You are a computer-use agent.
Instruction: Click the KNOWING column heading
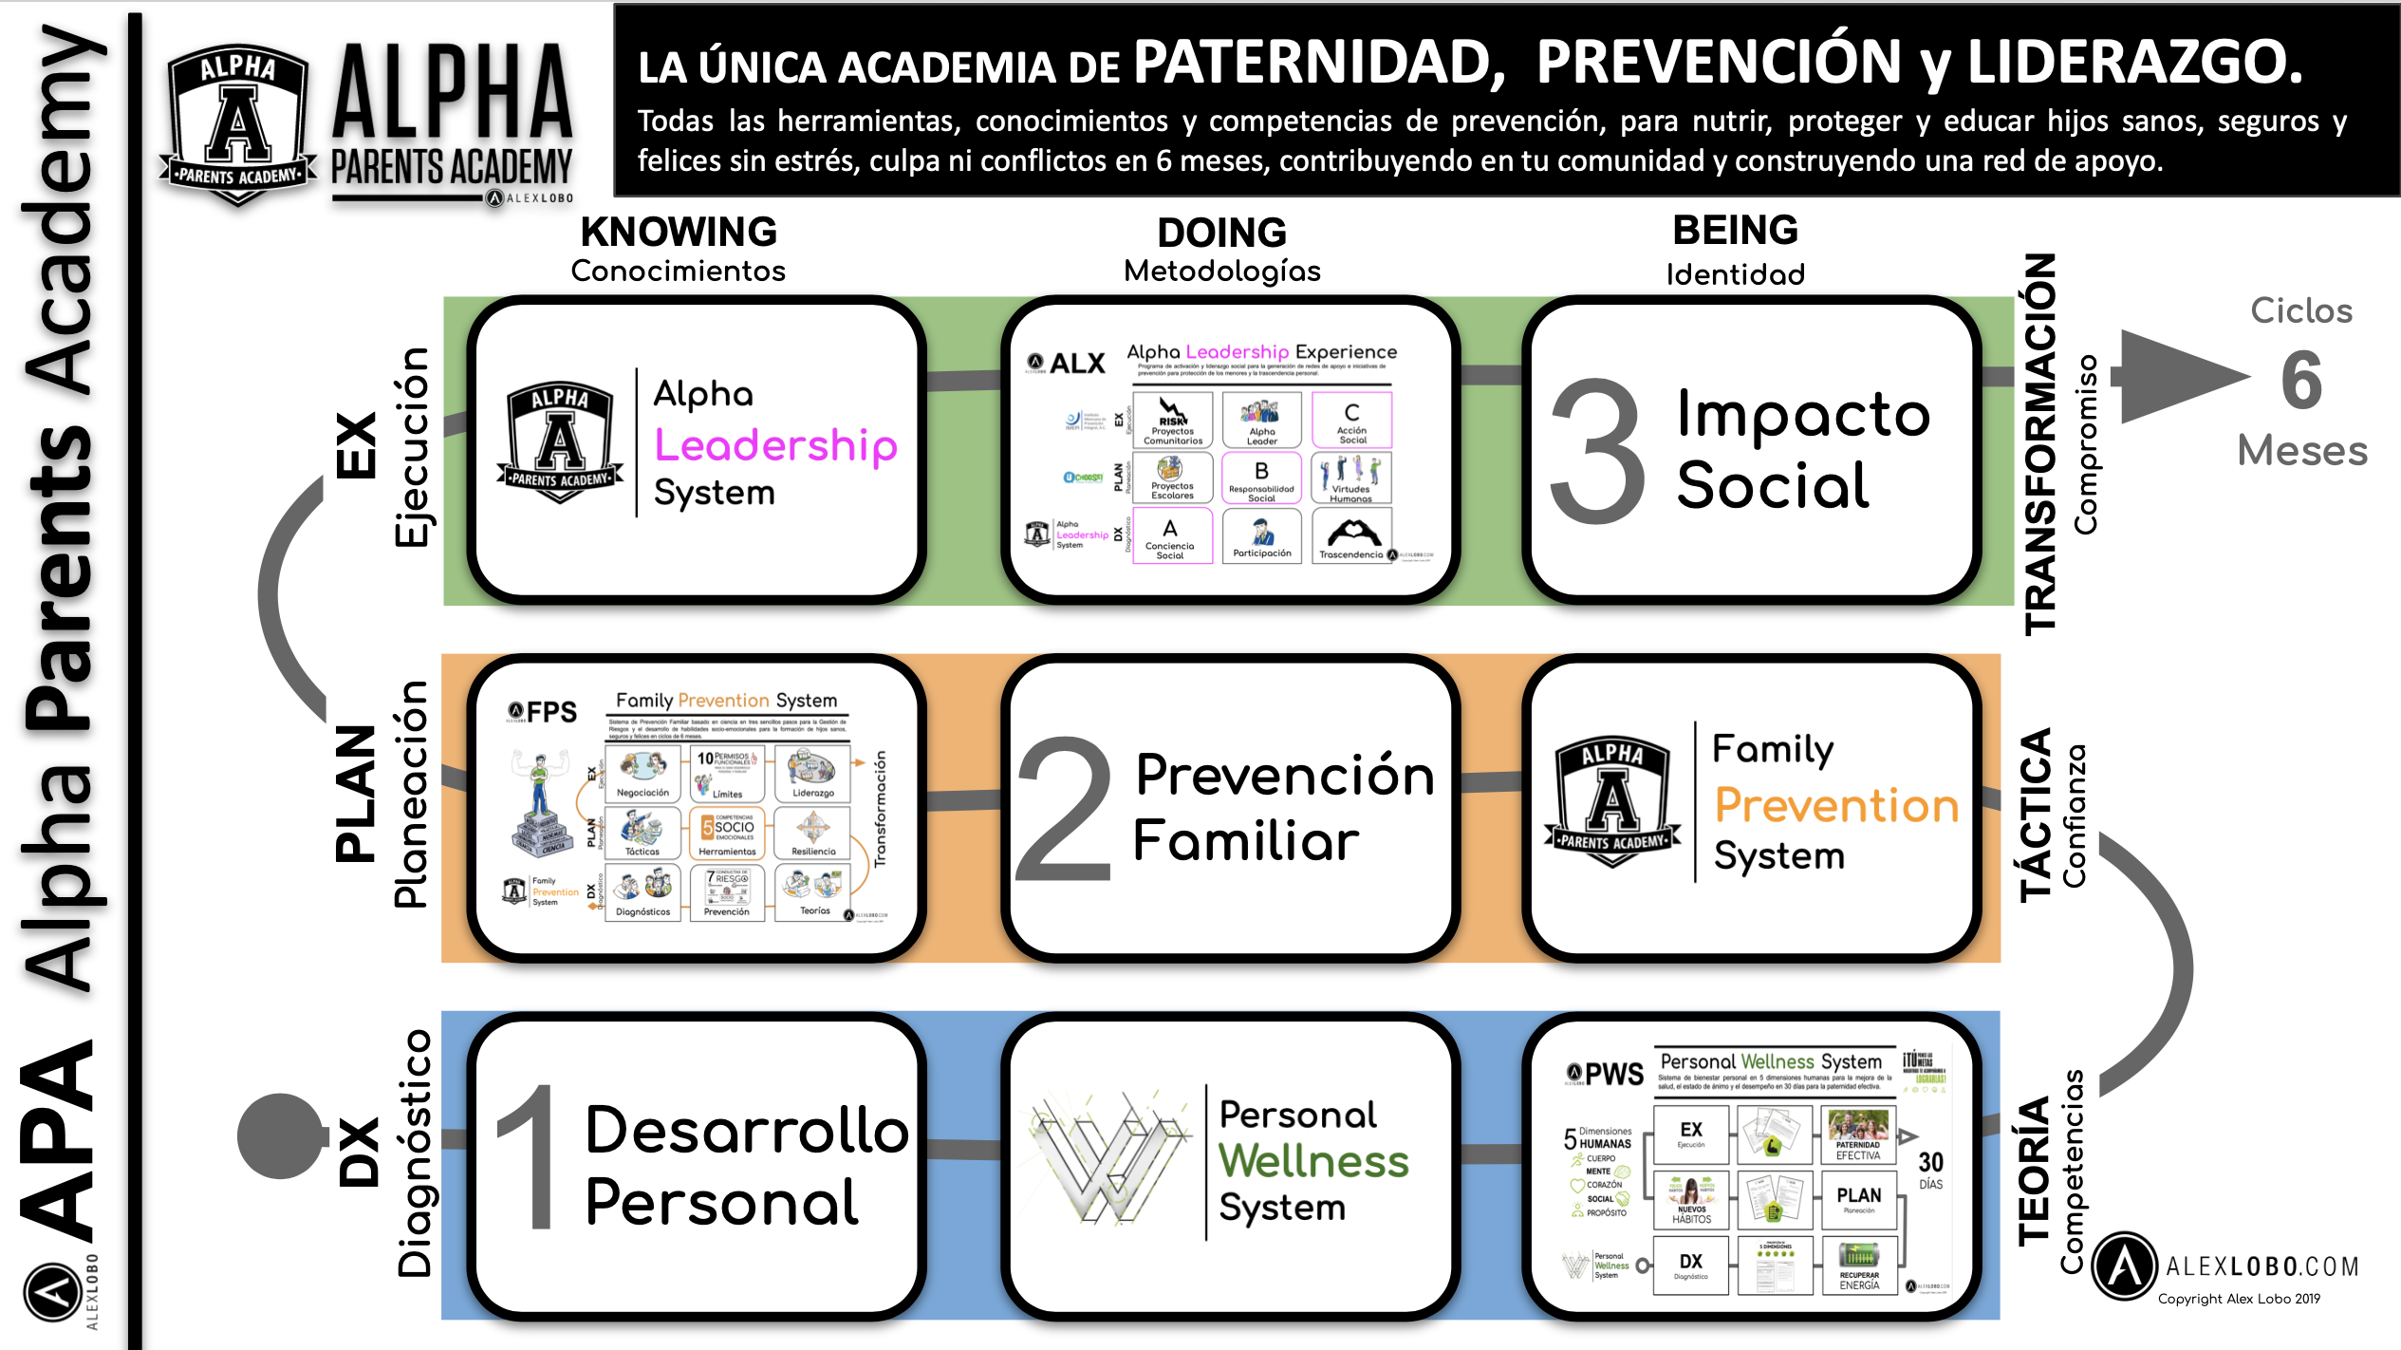(x=679, y=232)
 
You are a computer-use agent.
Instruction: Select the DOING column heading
(x=1221, y=233)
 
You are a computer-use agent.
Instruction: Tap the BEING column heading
(x=1735, y=230)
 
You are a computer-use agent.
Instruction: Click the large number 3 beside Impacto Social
(x=1596, y=451)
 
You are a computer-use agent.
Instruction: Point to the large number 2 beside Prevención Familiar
(x=1063, y=810)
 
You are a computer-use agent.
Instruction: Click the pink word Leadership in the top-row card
(x=775, y=445)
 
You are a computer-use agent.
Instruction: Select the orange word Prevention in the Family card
(x=1836, y=805)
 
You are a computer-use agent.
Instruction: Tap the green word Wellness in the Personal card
(x=1313, y=1160)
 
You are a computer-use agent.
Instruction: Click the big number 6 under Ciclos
(x=2301, y=380)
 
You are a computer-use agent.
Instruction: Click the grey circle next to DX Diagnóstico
(x=280, y=1136)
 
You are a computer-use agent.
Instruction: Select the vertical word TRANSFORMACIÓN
(x=2040, y=443)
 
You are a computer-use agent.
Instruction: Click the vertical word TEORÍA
(x=2035, y=1172)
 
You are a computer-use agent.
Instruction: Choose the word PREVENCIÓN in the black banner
(x=1719, y=63)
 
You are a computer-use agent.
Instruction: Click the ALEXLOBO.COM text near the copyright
(x=2261, y=1266)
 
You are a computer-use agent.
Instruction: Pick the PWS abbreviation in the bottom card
(x=1613, y=1074)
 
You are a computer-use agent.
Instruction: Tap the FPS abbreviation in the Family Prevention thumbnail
(x=551, y=712)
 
